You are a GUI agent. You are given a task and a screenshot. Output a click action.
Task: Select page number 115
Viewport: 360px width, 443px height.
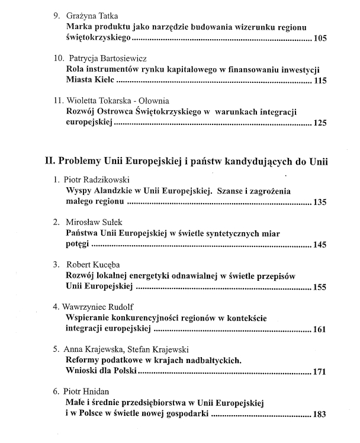[319, 81]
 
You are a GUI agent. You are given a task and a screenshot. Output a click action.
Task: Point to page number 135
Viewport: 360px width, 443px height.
[319, 203]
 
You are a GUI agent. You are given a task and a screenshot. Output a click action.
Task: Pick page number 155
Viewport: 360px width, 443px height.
[319, 288]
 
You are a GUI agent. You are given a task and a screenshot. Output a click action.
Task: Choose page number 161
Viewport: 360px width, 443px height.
[319, 330]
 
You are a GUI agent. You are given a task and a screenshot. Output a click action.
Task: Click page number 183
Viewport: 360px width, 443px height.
[319, 415]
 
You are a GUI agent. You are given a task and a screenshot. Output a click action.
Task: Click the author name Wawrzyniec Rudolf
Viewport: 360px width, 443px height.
[101, 307]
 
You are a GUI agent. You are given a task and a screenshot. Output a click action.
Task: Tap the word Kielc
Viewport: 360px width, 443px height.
[107, 81]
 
